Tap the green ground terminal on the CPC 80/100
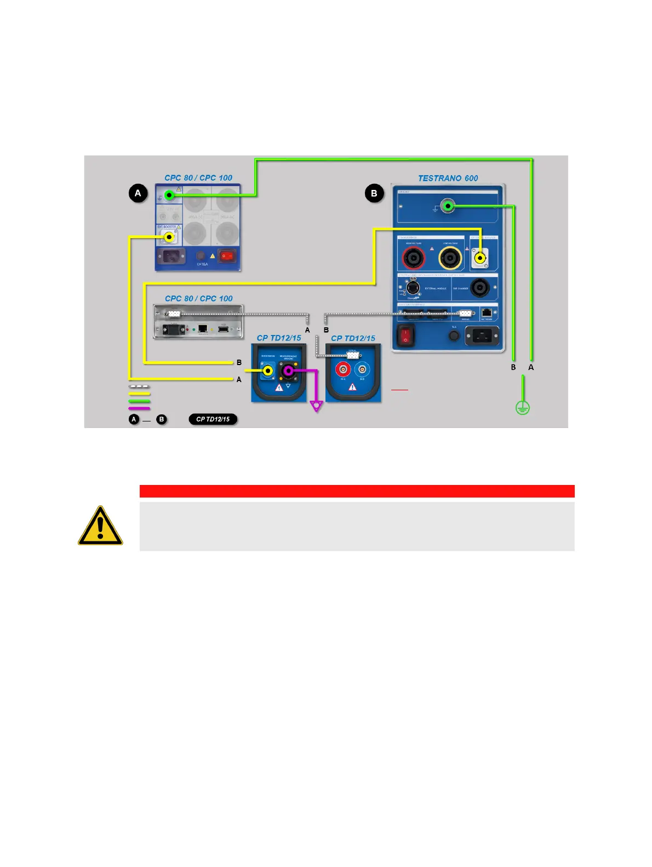pyautogui.click(x=169, y=195)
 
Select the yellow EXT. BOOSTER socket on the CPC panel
pyautogui.click(x=169, y=237)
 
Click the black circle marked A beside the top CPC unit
pyautogui.click(x=138, y=193)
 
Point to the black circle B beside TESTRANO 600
pyautogui.click(x=374, y=193)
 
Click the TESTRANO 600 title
pyautogui.click(x=448, y=178)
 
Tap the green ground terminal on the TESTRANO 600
pyautogui.click(x=448, y=206)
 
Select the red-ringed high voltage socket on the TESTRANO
pyautogui.click(x=413, y=258)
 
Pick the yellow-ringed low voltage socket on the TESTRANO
pyautogui.click(x=450, y=258)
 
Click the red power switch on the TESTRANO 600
pyautogui.click(x=405, y=335)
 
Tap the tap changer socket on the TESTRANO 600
pyautogui.click(x=480, y=287)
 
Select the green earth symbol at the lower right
pyautogui.click(x=523, y=408)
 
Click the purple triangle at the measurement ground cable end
pyautogui.click(x=317, y=406)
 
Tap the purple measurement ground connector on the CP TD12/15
pyautogui.click(x=288, y=372)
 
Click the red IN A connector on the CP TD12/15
pyautogui.click(x=343, y=370)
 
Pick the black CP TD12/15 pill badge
pyautogui.click(x=213, y=419)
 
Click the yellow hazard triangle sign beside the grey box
pyautogui.click(x=100, y=525)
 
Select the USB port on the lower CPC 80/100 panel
pyautogui.click(x=223, y=328)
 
